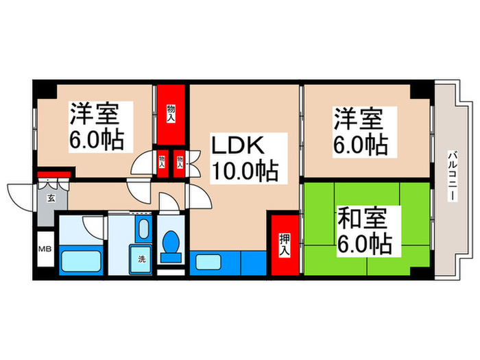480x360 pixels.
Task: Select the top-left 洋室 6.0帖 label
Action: pyautogui.click(x=96, y=127)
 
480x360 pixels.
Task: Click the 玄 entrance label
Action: pyautogui.click(x=51, y=200)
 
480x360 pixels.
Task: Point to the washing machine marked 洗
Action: pyautogui.click(x=142, y=259)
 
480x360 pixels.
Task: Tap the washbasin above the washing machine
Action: pyautogui.click(x=143, y=229)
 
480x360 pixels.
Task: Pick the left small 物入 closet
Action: pyautogui.click(x=163, y=162)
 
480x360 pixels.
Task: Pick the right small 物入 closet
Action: pyautogui.click(x=179, y=162)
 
